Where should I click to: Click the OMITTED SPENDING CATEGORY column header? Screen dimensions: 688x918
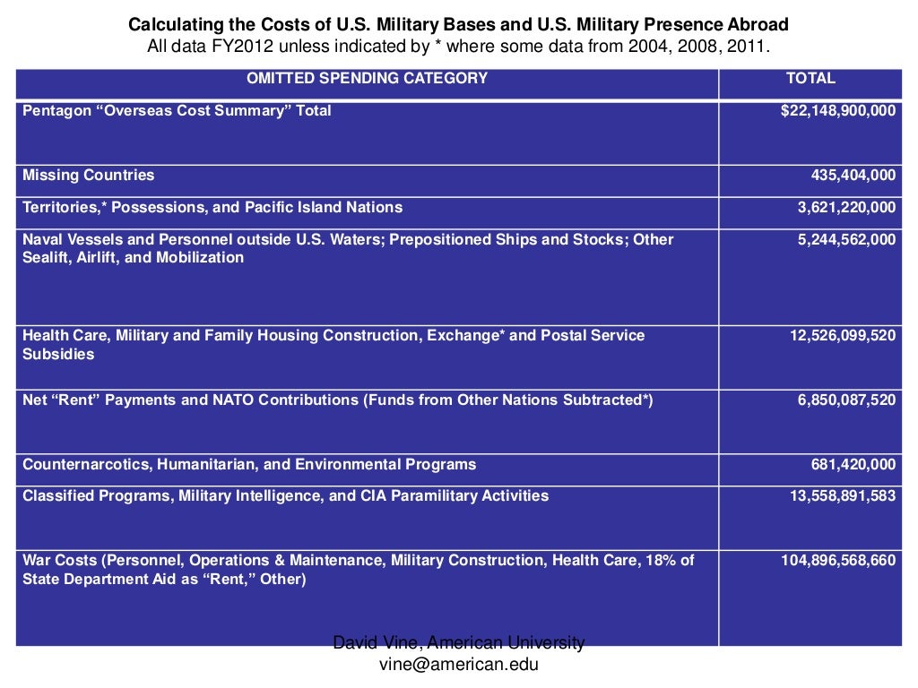[368, 78]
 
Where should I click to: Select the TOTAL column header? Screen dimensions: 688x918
[810, 78]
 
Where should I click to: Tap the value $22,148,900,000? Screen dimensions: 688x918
[837, 111]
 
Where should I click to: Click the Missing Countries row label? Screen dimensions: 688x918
[88, 176]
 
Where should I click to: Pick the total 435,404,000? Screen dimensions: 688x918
[853, 176]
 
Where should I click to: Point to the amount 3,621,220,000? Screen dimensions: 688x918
[846, 208]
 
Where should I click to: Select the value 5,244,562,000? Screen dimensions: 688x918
[846, 240]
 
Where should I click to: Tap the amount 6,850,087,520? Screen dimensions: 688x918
[846, 400]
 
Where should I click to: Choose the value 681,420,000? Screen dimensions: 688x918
[853, 465]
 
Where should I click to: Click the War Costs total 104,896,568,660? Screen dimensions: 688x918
[837, 561]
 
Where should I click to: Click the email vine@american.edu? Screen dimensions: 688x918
[459, 665]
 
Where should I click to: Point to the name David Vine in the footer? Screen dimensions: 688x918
[377, 643]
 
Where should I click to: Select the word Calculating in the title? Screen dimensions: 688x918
[169, 24]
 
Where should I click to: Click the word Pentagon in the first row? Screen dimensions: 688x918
[56, 111]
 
